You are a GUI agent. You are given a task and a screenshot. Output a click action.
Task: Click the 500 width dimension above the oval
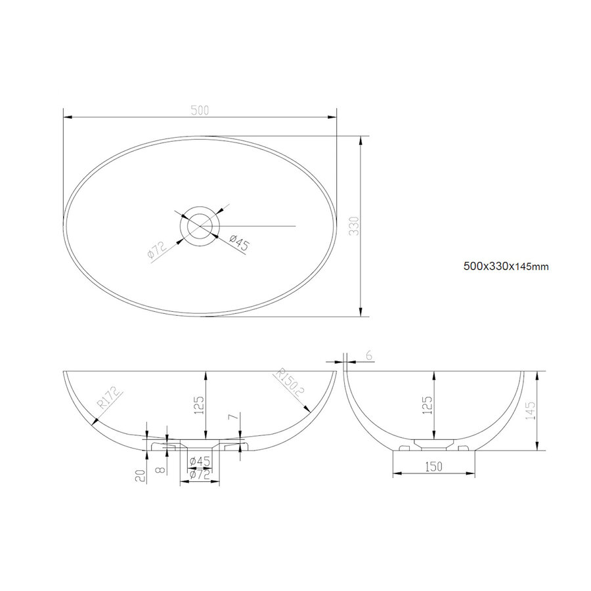pyautogui.click(x=200, y=110)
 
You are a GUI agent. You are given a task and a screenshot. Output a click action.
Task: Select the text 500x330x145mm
pyautogui.click(x=506, y=266)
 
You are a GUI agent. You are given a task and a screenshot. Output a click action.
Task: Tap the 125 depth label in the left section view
pyautogui.click(x=200, y=410)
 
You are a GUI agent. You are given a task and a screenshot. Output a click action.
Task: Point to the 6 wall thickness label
pyautogui.click(x=368, y=355)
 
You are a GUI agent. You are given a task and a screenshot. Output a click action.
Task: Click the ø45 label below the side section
pyautogui.click(x=199, y=461)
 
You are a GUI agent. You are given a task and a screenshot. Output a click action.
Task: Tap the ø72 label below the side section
pyautogui.click(x=198, y=474)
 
